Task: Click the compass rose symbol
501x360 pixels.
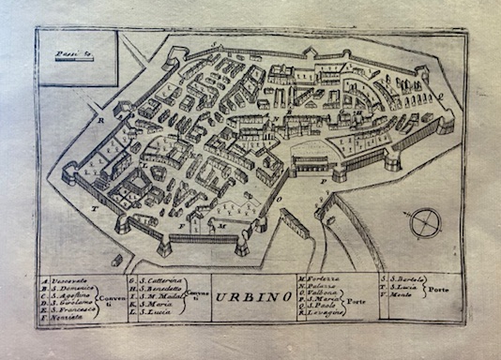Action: tap(427, 223)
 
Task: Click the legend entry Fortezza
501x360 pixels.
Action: tap(317, 279)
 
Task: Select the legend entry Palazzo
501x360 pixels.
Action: tap(315, 288)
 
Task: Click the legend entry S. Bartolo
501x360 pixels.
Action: tap(402, 279)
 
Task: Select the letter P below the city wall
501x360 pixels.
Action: tap(322, 177)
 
